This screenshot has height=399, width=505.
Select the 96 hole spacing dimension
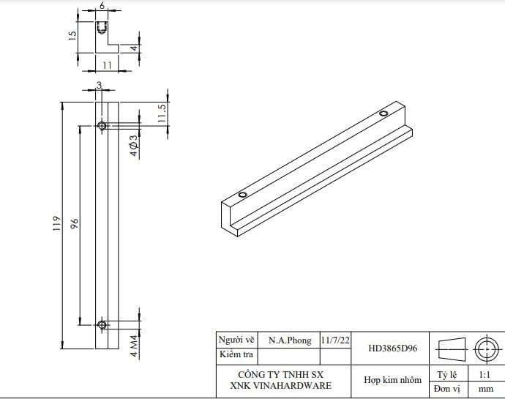(x=75, y=223)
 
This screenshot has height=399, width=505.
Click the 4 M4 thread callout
(x=134, y=345)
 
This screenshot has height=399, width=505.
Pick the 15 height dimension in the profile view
(x=73, y=35)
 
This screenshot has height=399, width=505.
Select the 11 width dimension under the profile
(x=106, y=65)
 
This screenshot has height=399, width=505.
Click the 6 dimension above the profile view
(x=102, y=6)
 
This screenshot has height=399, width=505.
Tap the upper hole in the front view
(x=102, y=127)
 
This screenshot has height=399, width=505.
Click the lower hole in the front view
(x=102, y=324)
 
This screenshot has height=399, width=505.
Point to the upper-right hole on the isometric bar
(x=383, y=113)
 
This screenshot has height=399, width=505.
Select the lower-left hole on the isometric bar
(x=243, y=195)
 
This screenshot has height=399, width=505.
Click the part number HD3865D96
(x=393, y=348)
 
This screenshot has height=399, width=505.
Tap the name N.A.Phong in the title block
(x=289, y=340)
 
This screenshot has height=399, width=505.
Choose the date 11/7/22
(x=335, y=340)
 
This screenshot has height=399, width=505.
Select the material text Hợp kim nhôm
(x=392, y=380)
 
